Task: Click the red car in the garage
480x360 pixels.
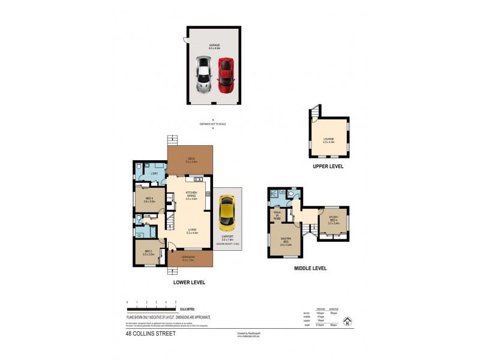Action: (225, 76)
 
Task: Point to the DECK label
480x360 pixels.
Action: (190, 159)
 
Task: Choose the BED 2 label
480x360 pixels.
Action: (148, 253)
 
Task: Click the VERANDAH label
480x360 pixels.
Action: (190, 259)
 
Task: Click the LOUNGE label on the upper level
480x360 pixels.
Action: (329, 140)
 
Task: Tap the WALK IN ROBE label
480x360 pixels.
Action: (277, 215)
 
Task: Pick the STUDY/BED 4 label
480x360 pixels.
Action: (334, 220)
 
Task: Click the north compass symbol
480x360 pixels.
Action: (346, 322)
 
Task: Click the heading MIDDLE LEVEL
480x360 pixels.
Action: (310, 268)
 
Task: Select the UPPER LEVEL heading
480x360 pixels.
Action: (328, 166)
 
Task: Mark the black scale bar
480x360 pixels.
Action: (151, 307)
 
